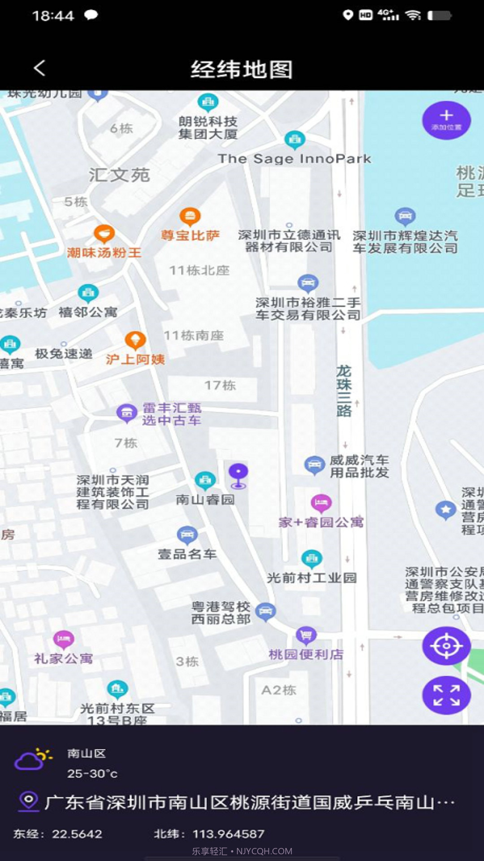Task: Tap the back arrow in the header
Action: click(40, 69)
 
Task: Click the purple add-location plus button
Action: click(446, 120)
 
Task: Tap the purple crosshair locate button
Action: click(446, 646)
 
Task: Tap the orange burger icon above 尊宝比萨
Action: click(190, 217)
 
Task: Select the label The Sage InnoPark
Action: click(294, 159)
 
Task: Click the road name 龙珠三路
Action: click(344, 391)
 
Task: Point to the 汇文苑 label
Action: click(119, 175)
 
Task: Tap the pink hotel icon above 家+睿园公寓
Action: click(321, 503)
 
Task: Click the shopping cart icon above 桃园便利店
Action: click(307, 635)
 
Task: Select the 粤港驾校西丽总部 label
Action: click(221, 613)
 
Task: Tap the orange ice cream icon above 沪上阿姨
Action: click(135, 340)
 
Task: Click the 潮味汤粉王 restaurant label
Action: click(104, 253)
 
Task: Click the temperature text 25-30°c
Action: click(92, 774)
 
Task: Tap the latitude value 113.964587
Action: click(228, 834)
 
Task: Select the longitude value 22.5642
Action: click(77, 834)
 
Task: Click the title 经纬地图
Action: click(242, 70)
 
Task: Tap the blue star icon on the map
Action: click(445, 509)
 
